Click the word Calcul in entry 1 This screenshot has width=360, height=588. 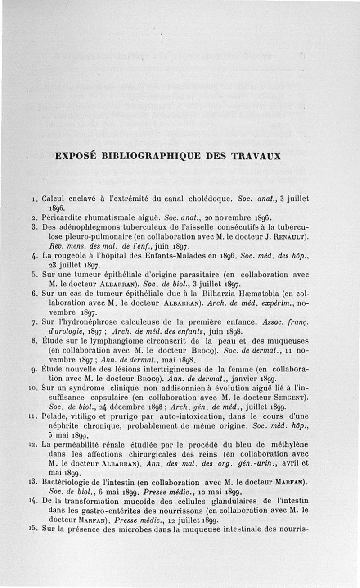(x=54, y=199)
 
